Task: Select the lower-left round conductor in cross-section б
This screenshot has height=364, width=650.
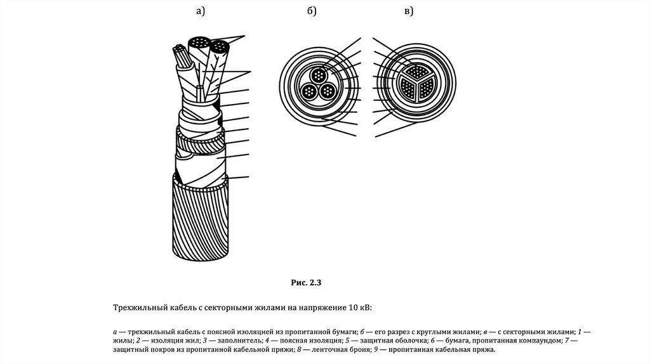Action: tap(309, 91)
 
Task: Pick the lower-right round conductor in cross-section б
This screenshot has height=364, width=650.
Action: tap(328, 91)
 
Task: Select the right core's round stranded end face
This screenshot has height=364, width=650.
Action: tap(220, 46)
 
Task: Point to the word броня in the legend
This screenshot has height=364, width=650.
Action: tap(341, 349)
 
